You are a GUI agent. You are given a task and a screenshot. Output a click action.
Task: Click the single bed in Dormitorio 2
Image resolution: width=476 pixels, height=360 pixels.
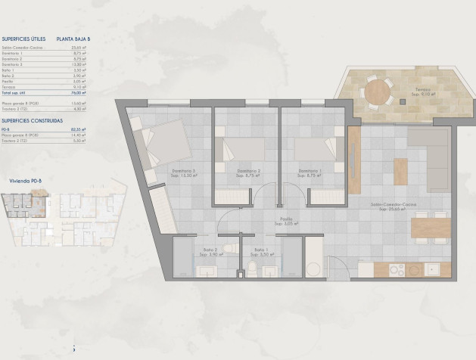coord(241,148)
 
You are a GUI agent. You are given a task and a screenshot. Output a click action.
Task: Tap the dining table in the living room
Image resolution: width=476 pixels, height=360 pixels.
coord(431,227)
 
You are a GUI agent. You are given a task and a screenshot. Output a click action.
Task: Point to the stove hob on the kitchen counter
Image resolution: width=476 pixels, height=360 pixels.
coord(394,269)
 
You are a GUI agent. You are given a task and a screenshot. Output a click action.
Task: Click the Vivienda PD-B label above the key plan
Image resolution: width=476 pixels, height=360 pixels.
coord(24,182)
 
